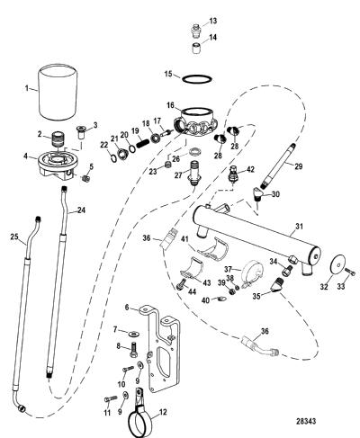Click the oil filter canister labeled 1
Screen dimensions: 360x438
[58, 93]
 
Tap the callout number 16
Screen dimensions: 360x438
[170, 105]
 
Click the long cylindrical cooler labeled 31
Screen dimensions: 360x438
[256, 237]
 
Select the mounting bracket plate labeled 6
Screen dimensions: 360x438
[164, 348]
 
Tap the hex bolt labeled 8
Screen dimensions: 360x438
[133, 349]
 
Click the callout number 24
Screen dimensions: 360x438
[81, 210]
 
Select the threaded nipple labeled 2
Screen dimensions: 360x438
[57, 139]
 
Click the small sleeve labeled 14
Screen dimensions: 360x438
[196, 49]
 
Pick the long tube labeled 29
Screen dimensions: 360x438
[277, 165]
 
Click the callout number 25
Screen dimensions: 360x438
[14, 237]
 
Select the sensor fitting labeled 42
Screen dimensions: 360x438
[232, 173]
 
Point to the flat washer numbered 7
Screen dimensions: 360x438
[132, 334]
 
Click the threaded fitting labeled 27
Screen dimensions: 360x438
[193, 174]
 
